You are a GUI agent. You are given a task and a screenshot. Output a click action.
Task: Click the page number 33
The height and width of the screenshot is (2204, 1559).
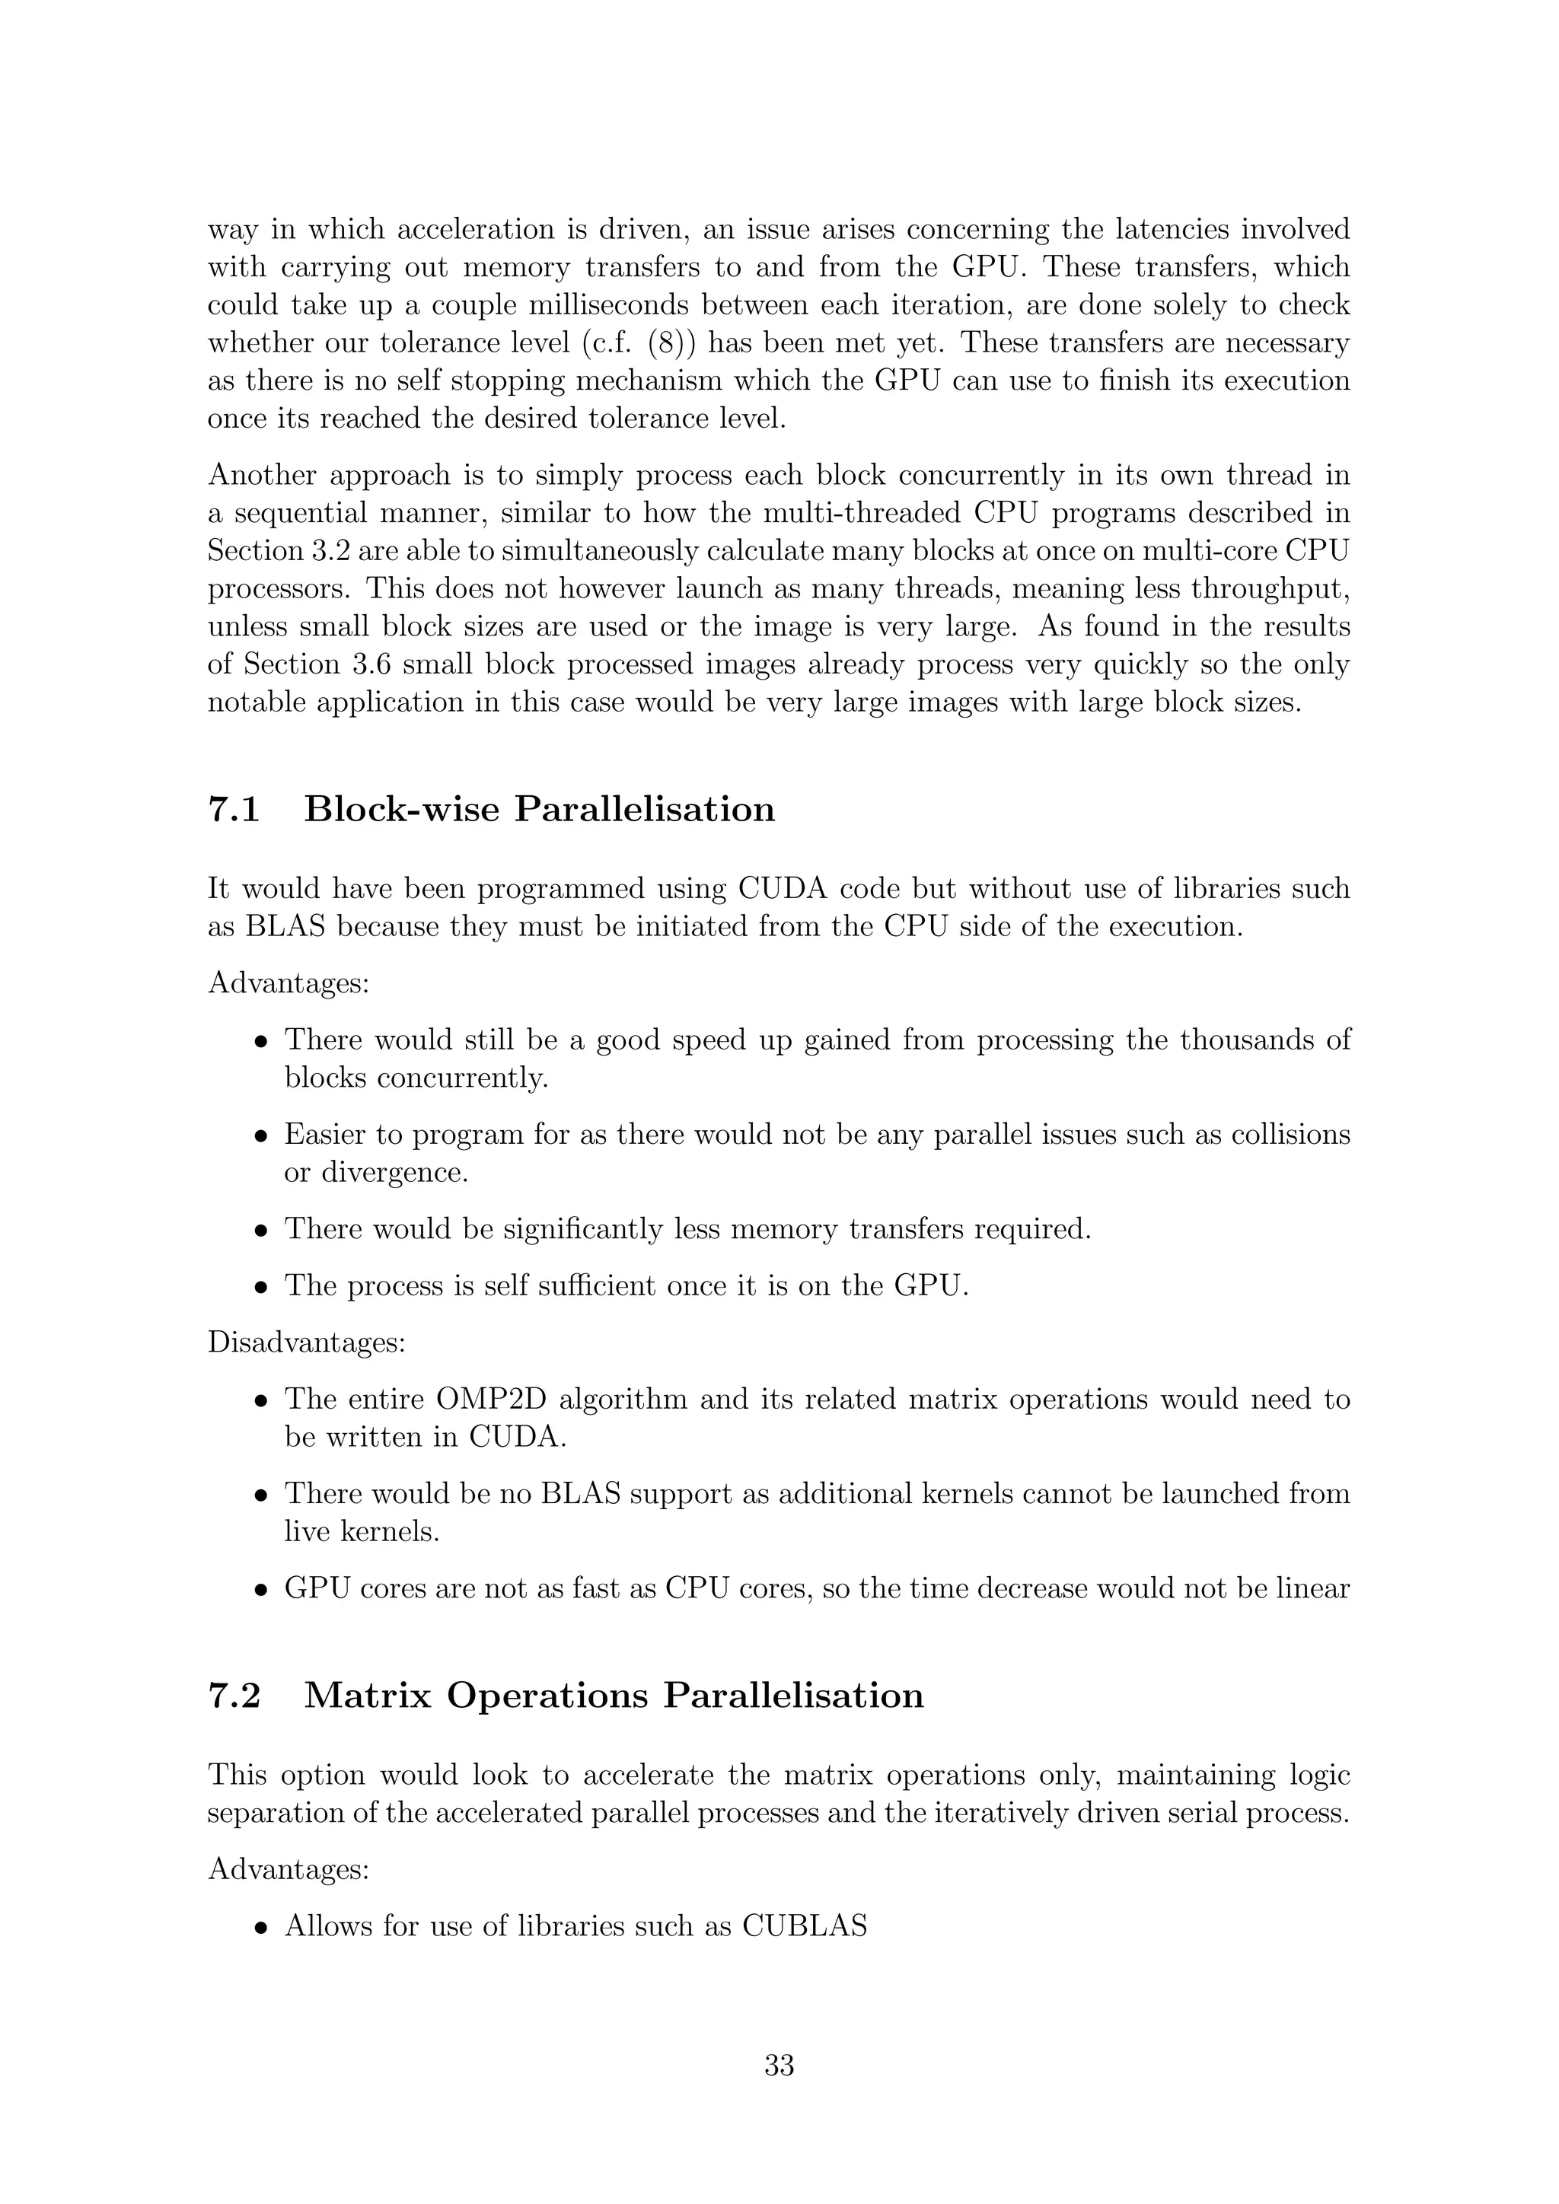point(779,2065)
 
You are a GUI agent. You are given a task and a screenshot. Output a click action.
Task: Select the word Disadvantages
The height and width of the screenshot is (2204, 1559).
point(306,1342)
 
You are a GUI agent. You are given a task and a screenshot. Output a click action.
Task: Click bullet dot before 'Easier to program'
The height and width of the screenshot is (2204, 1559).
point(260,1136)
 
